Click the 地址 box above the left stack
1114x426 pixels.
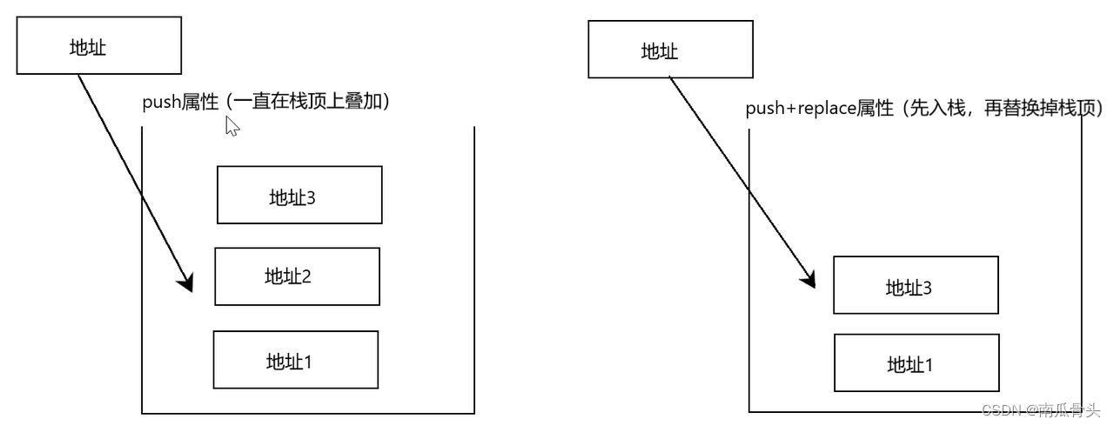pos(98,47)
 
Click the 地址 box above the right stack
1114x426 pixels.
pos(670,50)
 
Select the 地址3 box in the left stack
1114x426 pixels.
pos(299,196)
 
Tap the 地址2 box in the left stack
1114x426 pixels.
pos(297,276)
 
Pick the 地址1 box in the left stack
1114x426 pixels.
pos(295,359)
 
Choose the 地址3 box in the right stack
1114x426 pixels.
pos(916,285)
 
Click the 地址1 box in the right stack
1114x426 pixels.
pos(916,363)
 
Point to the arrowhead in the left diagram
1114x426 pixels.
pos(185,283)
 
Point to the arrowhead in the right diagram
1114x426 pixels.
pos(808,279)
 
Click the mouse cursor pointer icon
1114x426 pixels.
pos(232,126)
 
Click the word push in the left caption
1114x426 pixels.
pos(161,103)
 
